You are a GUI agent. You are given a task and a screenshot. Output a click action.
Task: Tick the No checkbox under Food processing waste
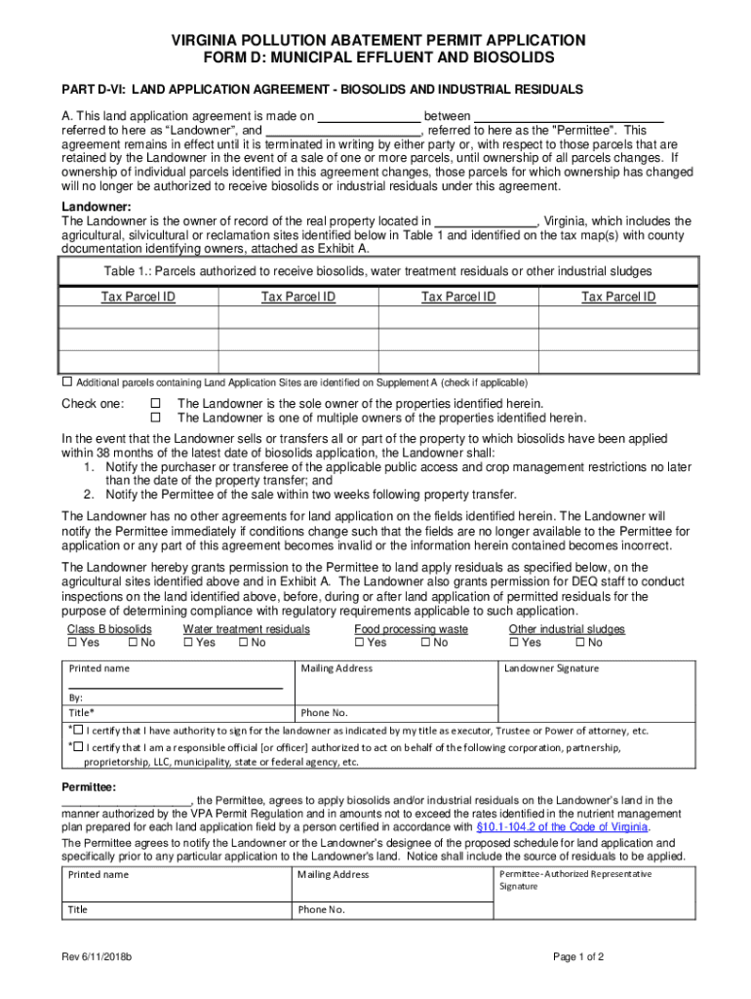click(426, 643)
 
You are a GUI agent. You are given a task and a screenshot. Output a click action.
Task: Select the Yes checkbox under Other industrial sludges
click(514, 643)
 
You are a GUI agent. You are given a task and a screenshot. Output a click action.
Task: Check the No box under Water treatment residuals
click(243, 643)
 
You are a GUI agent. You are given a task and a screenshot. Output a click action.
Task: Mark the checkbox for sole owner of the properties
click(154, 403)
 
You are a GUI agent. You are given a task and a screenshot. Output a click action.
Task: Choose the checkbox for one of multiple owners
click(154, 418)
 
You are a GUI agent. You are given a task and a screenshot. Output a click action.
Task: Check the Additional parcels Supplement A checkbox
click(68, 381)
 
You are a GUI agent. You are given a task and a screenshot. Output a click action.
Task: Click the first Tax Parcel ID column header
click(138, 297)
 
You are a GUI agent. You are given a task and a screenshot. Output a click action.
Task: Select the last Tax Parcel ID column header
click(618, 297)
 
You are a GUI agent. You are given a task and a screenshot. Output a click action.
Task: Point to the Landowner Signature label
click(551, 668)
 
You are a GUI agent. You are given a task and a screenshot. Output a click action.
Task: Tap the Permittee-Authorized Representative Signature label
click(574, 880)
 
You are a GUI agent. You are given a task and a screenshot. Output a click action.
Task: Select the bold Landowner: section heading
click(97, 207)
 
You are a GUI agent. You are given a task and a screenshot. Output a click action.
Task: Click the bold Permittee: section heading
click(90, 786)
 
